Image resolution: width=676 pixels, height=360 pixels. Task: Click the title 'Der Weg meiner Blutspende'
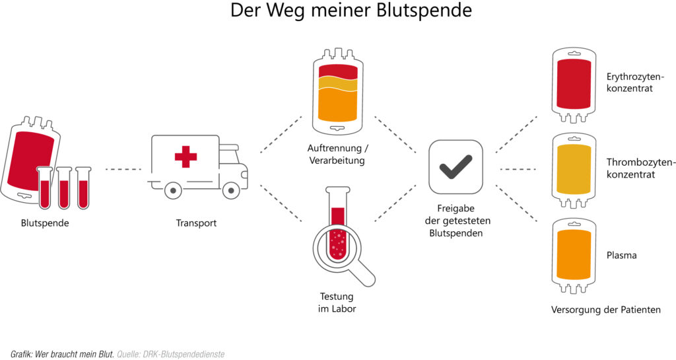pos(351,11)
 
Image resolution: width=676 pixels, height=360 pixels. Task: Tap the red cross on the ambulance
pos(186,157)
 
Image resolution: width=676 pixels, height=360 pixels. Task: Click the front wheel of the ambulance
pos(230,190)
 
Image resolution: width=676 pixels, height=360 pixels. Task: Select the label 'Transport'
pos(196,223)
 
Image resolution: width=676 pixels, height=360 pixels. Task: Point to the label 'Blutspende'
pos(45,223)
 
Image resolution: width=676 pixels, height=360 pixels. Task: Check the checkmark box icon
pos(456,166)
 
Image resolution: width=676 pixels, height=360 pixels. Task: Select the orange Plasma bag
pos(573,255)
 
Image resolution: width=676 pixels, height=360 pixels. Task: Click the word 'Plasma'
pos(621,255)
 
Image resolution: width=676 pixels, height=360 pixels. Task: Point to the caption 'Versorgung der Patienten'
pos(605,309)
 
